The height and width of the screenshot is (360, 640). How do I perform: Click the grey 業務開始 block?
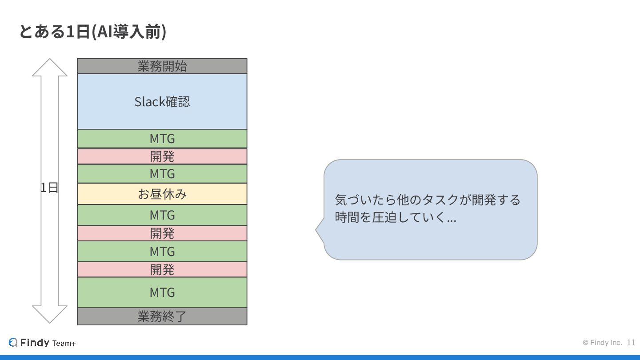tap(162, 66)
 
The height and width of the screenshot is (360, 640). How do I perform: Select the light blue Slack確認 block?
tap(162, 101)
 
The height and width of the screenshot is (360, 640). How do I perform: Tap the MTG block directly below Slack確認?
tap(162, 139)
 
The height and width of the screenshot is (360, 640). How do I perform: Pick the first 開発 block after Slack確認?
tap(162, 156)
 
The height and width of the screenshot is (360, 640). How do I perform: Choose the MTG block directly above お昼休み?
tap(162, 174)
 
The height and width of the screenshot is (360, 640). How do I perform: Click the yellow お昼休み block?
tap(162, 194)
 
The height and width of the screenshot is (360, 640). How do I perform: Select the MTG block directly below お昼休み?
tap(162, 215)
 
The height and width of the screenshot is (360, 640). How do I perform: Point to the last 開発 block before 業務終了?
tap(162, 269)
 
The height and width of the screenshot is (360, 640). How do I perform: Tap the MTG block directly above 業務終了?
tap(162, 292)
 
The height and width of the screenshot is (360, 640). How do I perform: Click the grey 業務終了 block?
tap(162, 316)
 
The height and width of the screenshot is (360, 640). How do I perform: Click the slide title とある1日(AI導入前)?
tap(92, 32)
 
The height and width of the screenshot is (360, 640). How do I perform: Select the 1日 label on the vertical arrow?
tap(49, 188)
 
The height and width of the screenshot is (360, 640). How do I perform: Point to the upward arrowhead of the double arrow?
tap(50, 68)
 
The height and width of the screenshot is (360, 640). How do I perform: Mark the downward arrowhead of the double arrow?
tap(50, 314)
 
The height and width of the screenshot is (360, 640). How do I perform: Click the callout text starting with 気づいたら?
tap(427, 208)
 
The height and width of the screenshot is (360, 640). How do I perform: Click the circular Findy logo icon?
tap(13, 342)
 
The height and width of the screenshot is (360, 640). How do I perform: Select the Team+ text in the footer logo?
tap(64, 343)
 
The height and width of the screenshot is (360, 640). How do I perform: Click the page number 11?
tap(631, 342)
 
